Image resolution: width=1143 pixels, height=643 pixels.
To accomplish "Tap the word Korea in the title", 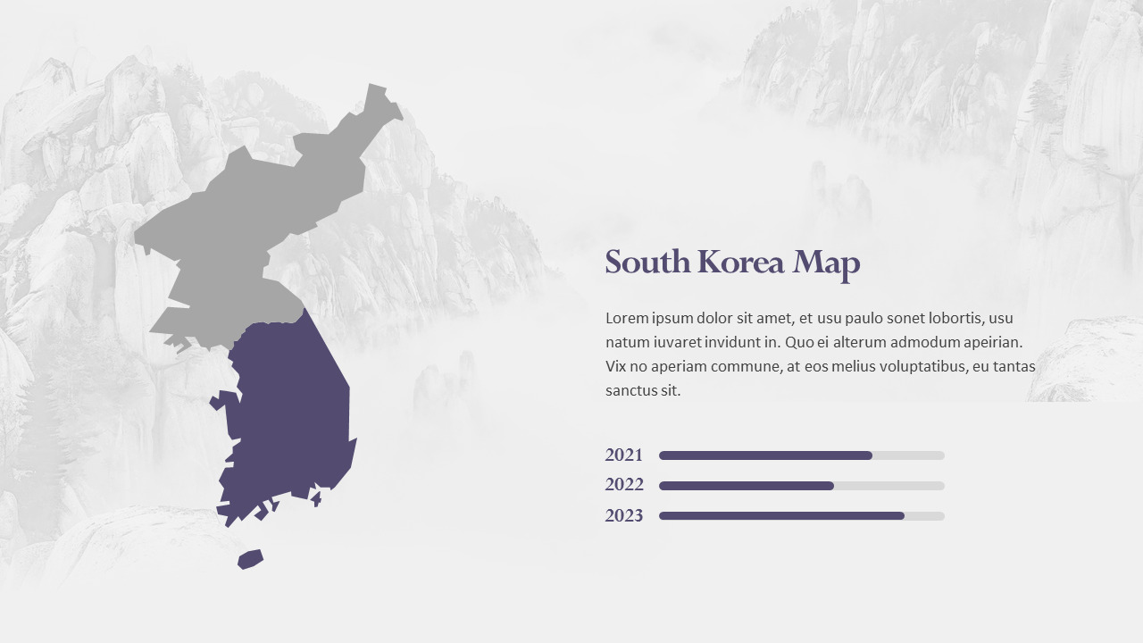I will click(x=741, y=263).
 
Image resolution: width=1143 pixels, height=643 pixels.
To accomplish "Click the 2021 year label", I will click(x=623, y=455).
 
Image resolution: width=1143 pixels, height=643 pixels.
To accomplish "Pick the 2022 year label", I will click(x=623, y=485).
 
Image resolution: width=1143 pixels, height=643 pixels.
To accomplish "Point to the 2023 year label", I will click(x=623, y=515).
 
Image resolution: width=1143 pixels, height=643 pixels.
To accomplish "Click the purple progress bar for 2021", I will click(x=764, y=455).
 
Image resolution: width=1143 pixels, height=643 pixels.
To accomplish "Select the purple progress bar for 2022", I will click(x=746, y=486).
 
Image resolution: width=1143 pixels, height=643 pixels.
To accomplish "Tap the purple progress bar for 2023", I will click(x=781, y=516).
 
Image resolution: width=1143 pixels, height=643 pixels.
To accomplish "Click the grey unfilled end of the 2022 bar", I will click(x=889, y=486).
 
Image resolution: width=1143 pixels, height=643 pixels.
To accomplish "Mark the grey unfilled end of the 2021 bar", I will click(x=908, y=455).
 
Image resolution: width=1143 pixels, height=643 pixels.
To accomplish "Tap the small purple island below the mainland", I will click(x=250, y=559).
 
